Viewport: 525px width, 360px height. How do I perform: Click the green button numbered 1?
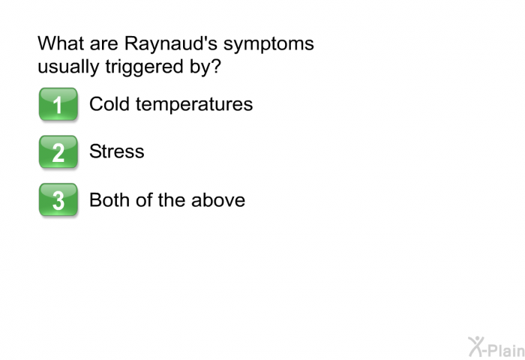pos(58,104)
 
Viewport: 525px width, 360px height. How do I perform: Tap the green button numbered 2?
pos(58,151)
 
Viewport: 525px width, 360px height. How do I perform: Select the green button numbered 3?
pos(58,199)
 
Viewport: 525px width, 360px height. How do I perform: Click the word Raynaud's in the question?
pos(171,44)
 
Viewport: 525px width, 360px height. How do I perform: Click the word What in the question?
pos(61,43)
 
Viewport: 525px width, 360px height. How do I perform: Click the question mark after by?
pos(216,66)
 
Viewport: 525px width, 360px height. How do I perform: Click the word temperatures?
pos(194,105)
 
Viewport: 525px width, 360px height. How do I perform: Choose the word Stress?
pos(117,151)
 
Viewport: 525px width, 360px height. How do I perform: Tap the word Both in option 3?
pos(109,200)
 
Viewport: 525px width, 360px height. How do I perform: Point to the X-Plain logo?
pos(496,347)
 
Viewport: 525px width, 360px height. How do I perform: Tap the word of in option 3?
pos(144,200)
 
